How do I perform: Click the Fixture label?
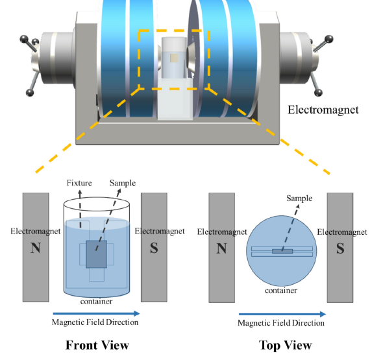[x=79, y=183]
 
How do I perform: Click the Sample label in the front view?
[x=123, y=183]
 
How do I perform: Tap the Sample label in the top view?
[x=299, y=198]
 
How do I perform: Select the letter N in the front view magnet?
[x=36, y=248]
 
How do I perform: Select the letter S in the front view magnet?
[x=154, y=248]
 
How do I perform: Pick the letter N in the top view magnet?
[x=221, y=248]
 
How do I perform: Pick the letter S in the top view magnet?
[x=340, y=248]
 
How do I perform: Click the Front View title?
[x=97, y=345]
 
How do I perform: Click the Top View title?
[x=285, y=345]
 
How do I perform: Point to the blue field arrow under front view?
[x=96, y=313]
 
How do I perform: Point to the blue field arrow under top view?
[x=282, y=314]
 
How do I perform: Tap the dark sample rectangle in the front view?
[x=96, y=254]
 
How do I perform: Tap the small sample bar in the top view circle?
[x=282, y=251]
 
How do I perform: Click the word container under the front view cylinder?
[x=96, y=302]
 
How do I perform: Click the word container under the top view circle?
[x=281, y=291]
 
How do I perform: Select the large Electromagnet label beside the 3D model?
[x=323, y=110]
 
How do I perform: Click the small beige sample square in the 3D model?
[x=174, y=58]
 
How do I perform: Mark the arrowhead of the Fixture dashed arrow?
[x=80, y=191]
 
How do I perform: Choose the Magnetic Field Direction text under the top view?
[x=281, y=323]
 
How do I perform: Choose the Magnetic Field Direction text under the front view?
[x=95, y=322]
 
